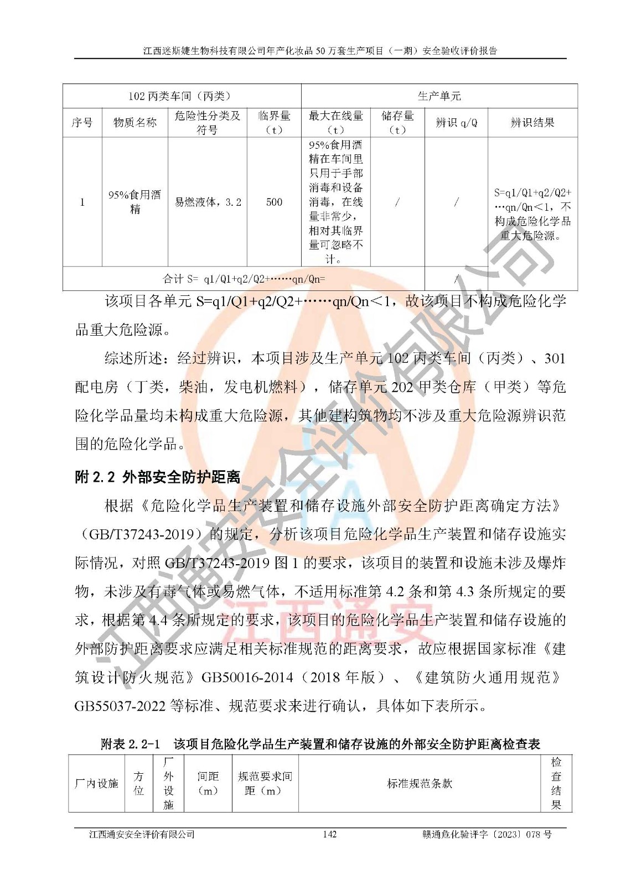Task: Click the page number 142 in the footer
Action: point(329,834)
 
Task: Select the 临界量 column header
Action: point(274,122)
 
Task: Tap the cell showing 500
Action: point(274,202)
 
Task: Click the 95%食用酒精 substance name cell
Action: point(134,202)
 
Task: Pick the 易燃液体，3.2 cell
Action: point(208,202)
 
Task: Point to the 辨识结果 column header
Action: point(532,122)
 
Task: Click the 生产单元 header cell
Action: point(439,96)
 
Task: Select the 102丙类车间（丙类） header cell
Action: point(182,96)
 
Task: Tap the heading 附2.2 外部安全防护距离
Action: point(157,477)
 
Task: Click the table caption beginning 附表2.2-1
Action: point(320,743)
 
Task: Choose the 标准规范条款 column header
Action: point(419,783)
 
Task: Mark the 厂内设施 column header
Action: point(96,783)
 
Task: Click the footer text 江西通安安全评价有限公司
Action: point(142,834)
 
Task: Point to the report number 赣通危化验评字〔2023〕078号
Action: point(487,834)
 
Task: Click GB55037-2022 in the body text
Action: point(120,706)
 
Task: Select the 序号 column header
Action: point(82,122)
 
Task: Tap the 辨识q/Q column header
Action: point(456,122)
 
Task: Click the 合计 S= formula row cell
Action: point(244,279)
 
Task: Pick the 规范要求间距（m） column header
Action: point(265,783)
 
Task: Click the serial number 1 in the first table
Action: point(82,202)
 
